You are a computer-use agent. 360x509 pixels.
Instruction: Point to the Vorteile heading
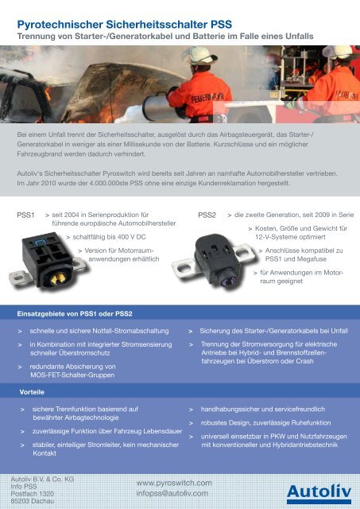(x=32, y=393)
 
